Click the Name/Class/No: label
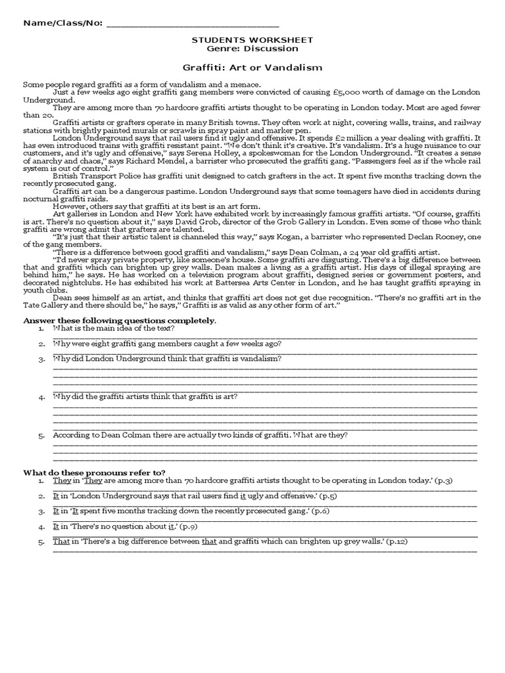point(63,23)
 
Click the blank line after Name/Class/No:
point(192,24)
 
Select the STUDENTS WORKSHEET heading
point(252,40)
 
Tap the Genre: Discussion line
point(252,49)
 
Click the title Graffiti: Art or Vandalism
point(252,67)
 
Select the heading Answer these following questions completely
point(120,320)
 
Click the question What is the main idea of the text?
point(114,328)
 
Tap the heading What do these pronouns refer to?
point(94,472)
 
